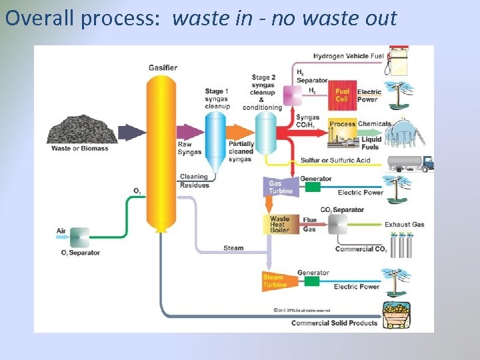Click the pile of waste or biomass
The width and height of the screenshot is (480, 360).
[79, 129]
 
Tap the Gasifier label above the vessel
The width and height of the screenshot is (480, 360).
[163, 68]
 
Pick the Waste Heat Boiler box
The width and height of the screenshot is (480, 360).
[280, 224]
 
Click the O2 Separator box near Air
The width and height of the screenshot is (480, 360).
[79, 237]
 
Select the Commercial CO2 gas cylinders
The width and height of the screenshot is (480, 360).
[401, 245]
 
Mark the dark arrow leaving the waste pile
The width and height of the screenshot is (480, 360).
[132, 131]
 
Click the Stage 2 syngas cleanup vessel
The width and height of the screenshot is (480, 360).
[266, 133]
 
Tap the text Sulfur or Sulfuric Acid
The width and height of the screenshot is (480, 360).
[335, 161]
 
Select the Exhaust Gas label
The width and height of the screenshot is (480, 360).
[404, 225]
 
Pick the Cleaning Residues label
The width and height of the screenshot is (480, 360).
[194, 181]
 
